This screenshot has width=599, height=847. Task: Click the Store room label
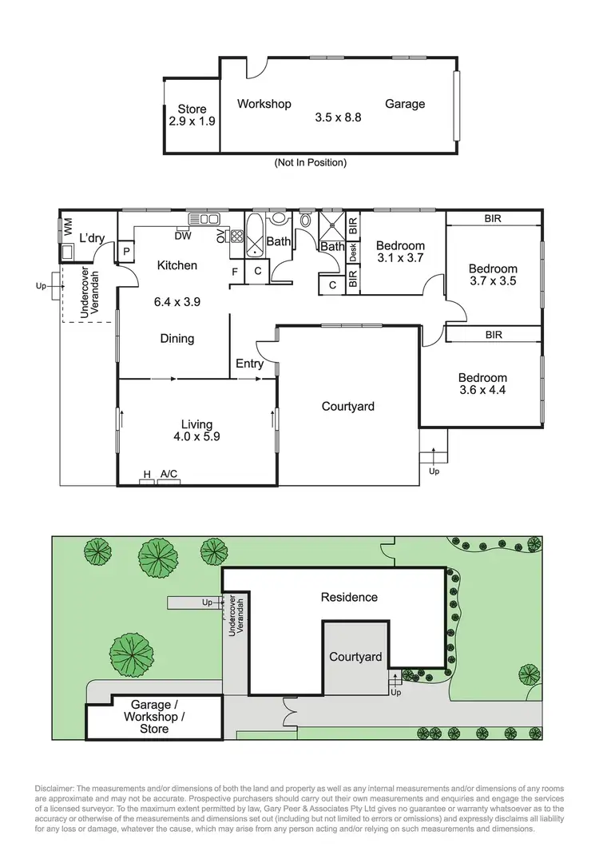tap(192, 109)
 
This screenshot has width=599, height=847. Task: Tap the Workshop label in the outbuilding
tap(264, 104)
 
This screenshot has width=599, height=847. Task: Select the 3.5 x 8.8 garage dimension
tap(338, 117)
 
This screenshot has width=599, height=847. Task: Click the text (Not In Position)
tap(310, 162)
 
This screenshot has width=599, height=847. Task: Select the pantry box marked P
tap(126, 251)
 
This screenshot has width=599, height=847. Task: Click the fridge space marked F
tap(235, 272)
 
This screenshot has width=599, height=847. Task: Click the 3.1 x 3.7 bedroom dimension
tap(399, 258)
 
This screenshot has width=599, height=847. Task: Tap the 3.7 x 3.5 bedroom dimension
tap(493, 281)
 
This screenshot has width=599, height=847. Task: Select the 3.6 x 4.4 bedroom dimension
tap(482, 391)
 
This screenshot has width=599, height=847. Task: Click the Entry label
tap(249, 364)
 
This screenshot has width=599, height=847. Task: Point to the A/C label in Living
tap(169, 474)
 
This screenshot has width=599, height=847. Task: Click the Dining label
tap(177, 339)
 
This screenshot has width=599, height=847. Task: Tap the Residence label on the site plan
tap(349, 597)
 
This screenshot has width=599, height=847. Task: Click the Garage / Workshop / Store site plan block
tap(154, 717)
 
